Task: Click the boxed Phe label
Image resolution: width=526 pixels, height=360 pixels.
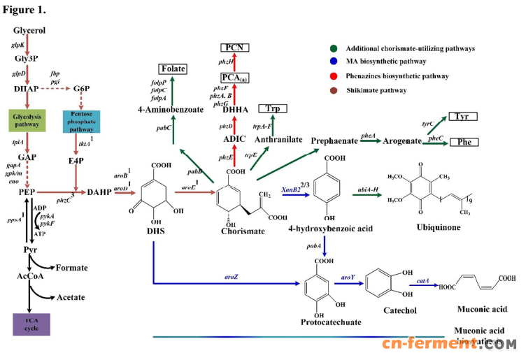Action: (463, 142)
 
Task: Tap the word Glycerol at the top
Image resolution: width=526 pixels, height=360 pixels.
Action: (29, 31)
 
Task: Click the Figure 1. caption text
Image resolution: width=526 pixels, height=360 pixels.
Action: (25, 10)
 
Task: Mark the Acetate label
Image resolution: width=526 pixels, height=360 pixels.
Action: (71, 297)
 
